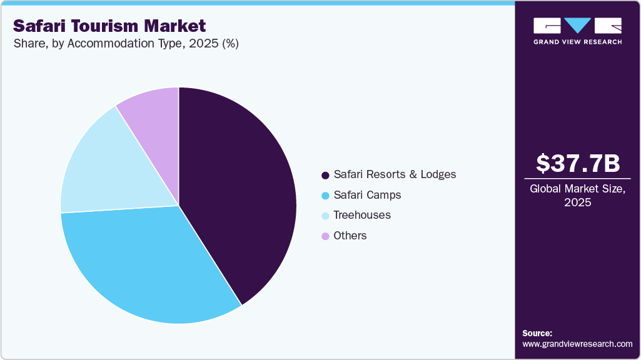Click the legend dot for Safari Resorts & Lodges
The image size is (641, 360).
(x=325, y=175)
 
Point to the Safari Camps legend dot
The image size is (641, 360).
(x=325, y=196)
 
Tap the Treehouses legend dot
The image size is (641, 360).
(x=325, y=216)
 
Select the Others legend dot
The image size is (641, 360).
(x=325, y=236)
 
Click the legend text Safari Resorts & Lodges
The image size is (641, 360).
(x=395, y=174)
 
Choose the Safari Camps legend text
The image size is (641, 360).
(x=367, y=195)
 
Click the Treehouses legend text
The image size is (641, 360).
(x=362, y=215)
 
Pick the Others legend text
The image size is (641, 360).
(x=350, y=236)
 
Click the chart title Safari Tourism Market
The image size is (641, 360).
(x=109, y=26)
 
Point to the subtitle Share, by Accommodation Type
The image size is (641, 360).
(x=126, y=44)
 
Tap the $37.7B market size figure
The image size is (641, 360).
(x=578, y=163)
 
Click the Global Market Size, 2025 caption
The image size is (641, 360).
(x=578, y=196)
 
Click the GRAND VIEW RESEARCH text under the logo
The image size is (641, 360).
(x=578, y=42)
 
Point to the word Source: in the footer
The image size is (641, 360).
(x=537, y=333)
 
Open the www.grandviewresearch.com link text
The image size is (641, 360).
(x=577, y=344)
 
